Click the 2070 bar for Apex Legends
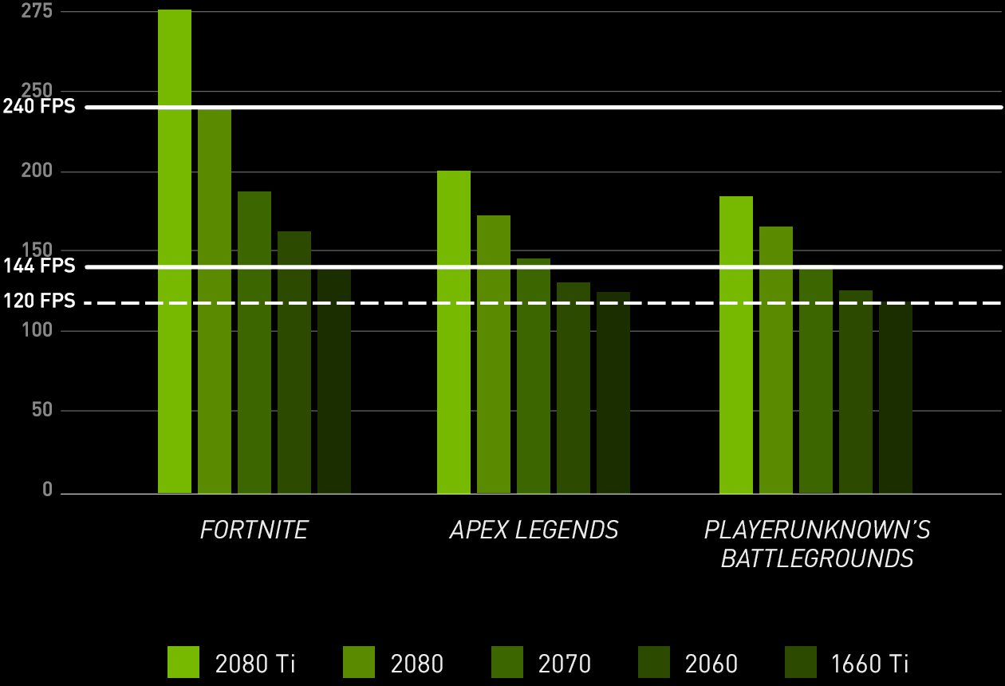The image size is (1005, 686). click(534, 376)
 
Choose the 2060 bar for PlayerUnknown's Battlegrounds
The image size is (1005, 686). click(856, 392)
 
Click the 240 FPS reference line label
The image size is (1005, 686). click(39, 106)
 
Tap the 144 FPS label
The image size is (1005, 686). click(39, 266)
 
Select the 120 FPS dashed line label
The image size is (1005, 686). click(39, 302)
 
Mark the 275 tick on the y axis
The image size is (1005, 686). click(37, 11)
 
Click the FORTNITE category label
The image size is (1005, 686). click(254, 530)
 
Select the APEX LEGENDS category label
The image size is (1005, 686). click(534, 530)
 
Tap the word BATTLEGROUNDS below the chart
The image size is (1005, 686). click(817, 558)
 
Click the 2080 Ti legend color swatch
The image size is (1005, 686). click(183, 662)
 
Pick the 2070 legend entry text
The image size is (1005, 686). click(565, 663)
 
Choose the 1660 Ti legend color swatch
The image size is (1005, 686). click(801, 662)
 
